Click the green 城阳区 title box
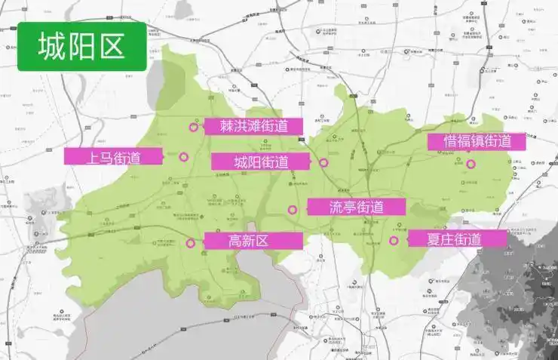coord(81,45)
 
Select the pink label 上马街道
coord(113,157)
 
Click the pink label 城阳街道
coord(260,162)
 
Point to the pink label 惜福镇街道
coord(477,141)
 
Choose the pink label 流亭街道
coord(357,207)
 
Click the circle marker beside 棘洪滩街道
coord(193,127)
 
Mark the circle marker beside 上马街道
coord(183,157)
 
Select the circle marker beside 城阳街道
coord(323,162)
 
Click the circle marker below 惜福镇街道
coord(471,164)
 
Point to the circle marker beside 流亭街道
coord(293,210)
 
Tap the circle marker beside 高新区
coord(190,243)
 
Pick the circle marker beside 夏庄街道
coord(394,241)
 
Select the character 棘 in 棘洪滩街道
coord(228,126)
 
